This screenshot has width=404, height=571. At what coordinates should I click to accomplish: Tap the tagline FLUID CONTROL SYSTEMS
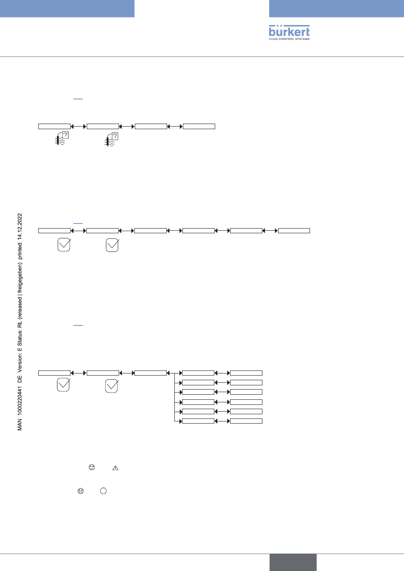[x=289, y=39]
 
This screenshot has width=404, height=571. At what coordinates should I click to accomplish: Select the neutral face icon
[x=91, y=467]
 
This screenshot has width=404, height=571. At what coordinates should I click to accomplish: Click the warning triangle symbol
[x=115, y=468]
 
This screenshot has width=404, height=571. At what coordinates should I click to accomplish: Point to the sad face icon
[x=80, y=491]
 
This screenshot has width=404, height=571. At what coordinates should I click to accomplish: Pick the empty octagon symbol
[x=103, y=491]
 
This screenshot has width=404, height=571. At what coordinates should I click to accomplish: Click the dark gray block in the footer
[x=293, y=562]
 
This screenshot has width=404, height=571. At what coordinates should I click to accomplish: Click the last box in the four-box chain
[x=199, y=126]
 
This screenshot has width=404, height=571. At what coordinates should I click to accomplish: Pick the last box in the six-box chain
[x=294, y=231]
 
